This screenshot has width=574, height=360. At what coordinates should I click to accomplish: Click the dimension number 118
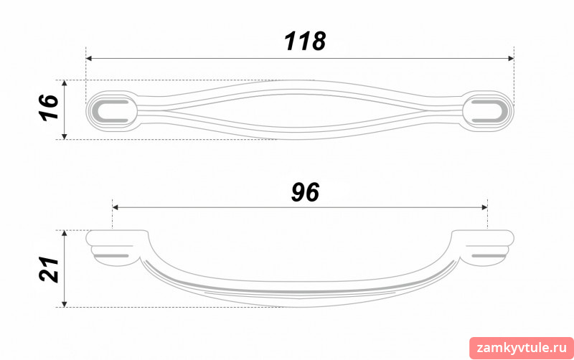305,41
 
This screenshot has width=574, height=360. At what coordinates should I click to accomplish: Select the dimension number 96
305,192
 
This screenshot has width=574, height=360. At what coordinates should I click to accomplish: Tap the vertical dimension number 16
49,108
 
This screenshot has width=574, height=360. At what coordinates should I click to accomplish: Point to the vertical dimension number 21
49,269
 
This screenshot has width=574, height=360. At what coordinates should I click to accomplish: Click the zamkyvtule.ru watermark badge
522,348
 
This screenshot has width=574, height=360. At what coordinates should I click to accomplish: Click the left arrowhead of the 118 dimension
88,59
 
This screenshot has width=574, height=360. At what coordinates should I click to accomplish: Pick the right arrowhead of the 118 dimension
511,59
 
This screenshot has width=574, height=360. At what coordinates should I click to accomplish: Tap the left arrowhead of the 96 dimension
116,207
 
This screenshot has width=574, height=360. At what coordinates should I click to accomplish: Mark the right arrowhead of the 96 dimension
484,207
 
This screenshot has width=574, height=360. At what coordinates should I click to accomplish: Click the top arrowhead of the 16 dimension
65,83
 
